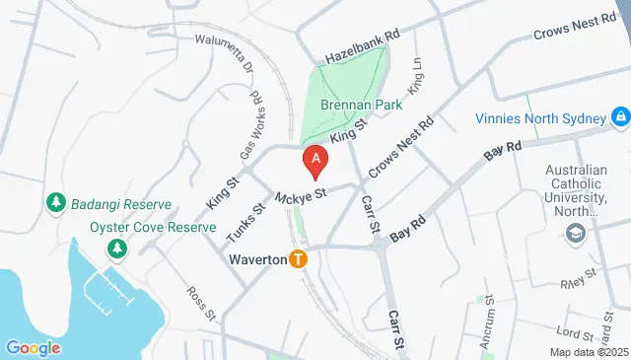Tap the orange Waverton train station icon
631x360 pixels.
coord(298,259)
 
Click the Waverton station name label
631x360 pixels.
coord(256,259)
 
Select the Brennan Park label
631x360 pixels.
coord(355,105)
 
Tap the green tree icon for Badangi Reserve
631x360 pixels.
coord(55,203)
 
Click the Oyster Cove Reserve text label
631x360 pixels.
coord(153,228)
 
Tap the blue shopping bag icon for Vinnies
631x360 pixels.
coord(619,119)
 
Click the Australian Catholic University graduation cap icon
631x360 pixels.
coord(574,233)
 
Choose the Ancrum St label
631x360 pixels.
coord(487,331)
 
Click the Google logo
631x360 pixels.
coord(34,347)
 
